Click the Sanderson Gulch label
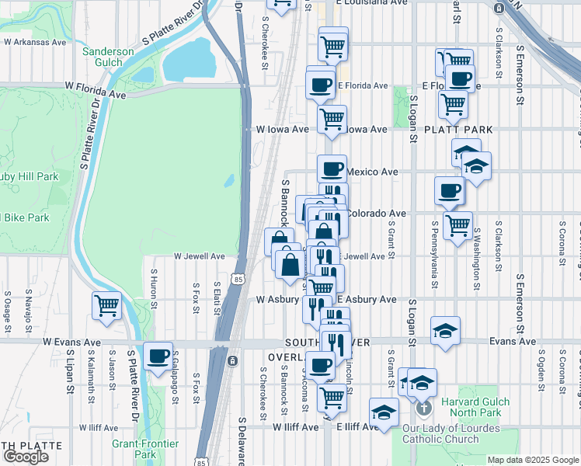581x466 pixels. [109, 57]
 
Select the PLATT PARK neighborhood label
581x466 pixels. [454, 129]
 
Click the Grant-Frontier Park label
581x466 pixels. [145, 448]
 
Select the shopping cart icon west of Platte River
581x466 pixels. [106, 304]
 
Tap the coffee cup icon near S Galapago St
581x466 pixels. [158, 356]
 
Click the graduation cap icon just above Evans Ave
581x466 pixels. [445, 330]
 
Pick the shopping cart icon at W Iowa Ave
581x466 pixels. [332, 120]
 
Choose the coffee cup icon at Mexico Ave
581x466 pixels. [332, 169]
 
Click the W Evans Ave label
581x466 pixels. [71, 342]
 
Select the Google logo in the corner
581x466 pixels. [26, 456]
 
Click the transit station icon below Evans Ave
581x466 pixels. [232, 360]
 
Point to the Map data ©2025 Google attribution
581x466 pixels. [533, 460]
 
